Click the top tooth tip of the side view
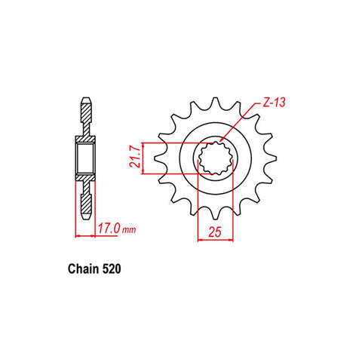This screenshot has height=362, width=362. pyautogui.click(x=84, y=98)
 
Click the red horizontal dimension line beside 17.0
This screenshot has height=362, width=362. pyautogui.click(x=84, y=235)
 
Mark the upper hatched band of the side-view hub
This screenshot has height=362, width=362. pyautogui.click(x=84, y=139)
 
